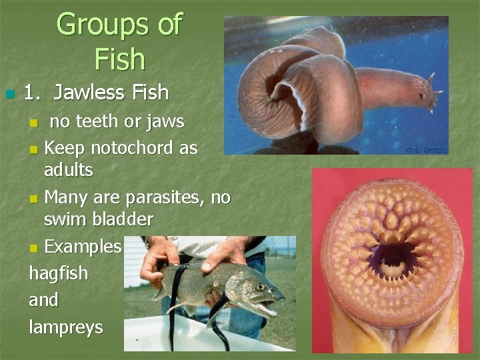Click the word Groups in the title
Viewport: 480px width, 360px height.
[95, 25]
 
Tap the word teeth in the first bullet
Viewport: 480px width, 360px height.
[103, 121]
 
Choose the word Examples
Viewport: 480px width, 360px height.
[83, 247]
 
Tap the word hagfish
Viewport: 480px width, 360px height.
[59, 273]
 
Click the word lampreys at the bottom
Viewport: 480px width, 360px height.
[66, 327]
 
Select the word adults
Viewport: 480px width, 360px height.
[69, 170]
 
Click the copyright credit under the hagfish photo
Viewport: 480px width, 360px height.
[426, 150]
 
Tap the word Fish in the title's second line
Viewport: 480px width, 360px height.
[120, 59]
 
